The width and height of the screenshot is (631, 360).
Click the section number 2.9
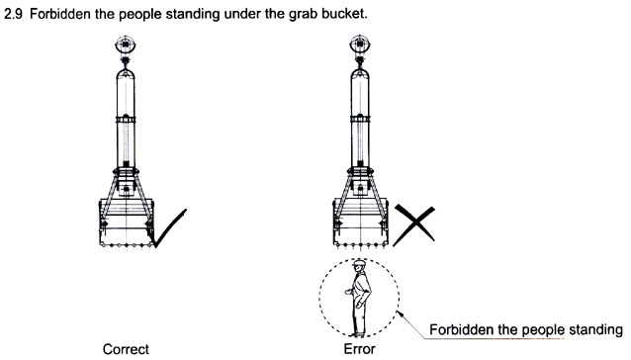(x=14, y=14)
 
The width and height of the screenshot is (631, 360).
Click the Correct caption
(x=126, y=349)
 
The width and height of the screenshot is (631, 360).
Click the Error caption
(x=359, y=349)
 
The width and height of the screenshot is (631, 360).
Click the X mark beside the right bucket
(x=414, y=225)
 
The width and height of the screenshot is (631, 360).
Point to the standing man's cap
(x=359, y=263)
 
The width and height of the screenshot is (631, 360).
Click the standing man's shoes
(x=358, y=334)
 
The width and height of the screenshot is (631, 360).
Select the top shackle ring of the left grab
(x=126, y=45)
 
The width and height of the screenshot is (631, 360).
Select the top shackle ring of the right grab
(x=359, y=45)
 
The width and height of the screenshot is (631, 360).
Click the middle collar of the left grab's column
(x=126, y=120)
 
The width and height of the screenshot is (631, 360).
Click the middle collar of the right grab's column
(x=360, y=119)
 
